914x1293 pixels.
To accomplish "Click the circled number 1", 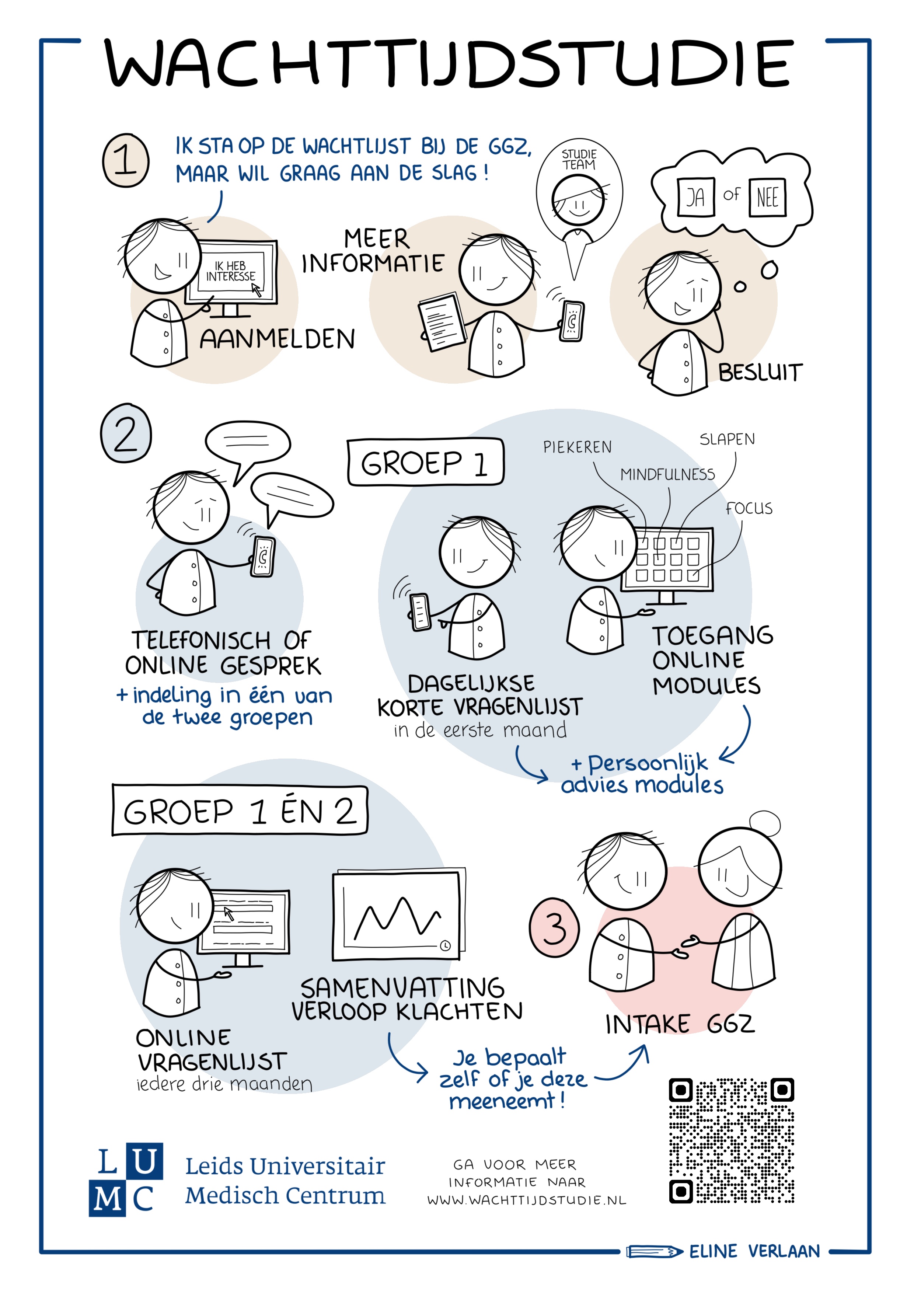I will [126, 160].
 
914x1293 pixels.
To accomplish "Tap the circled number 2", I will [126, 433].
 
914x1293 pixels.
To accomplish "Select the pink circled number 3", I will [554, 927].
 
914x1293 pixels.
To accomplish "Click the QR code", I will [731, 1141].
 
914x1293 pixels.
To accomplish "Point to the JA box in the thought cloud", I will [695, 197].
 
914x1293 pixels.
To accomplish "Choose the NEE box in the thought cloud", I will [767, 198].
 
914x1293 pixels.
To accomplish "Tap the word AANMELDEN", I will [277, 339].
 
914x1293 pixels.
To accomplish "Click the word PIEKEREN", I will [577, 447].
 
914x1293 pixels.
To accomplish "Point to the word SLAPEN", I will [727, 439].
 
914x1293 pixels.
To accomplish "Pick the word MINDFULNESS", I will [667, 475].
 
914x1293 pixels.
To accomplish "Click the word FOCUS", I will [749, 509].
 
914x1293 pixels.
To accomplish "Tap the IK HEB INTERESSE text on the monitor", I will [230, 271].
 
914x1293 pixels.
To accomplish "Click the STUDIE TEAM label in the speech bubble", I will [579, 159].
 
